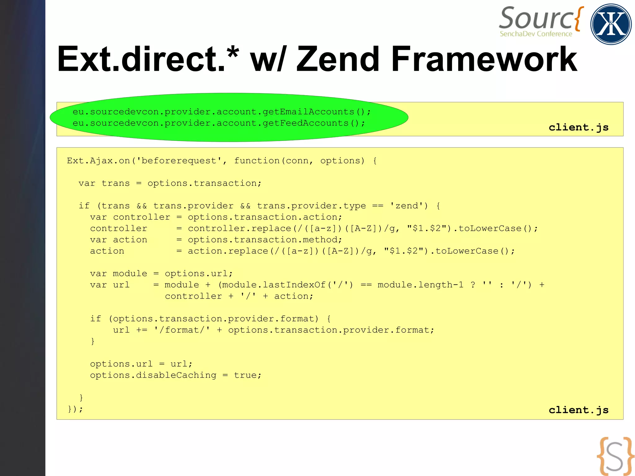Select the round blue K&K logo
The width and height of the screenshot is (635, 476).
point(611,24)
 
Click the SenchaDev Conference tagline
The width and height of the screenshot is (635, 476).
point(536,34)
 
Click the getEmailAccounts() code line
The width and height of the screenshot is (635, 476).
point(221,112)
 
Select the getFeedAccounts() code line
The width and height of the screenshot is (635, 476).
point(219,123)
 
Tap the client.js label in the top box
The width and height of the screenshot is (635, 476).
point(578,127)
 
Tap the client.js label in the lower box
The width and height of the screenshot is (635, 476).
point(578,410)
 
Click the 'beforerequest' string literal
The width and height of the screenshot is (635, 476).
point(179,161)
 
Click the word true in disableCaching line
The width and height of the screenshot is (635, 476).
point(245,375)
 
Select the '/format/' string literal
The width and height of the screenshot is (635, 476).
point(182,330)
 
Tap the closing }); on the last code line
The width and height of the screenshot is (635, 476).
point(75,409)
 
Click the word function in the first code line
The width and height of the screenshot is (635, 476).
point(257,161)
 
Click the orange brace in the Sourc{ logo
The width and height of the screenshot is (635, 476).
point(579,19)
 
